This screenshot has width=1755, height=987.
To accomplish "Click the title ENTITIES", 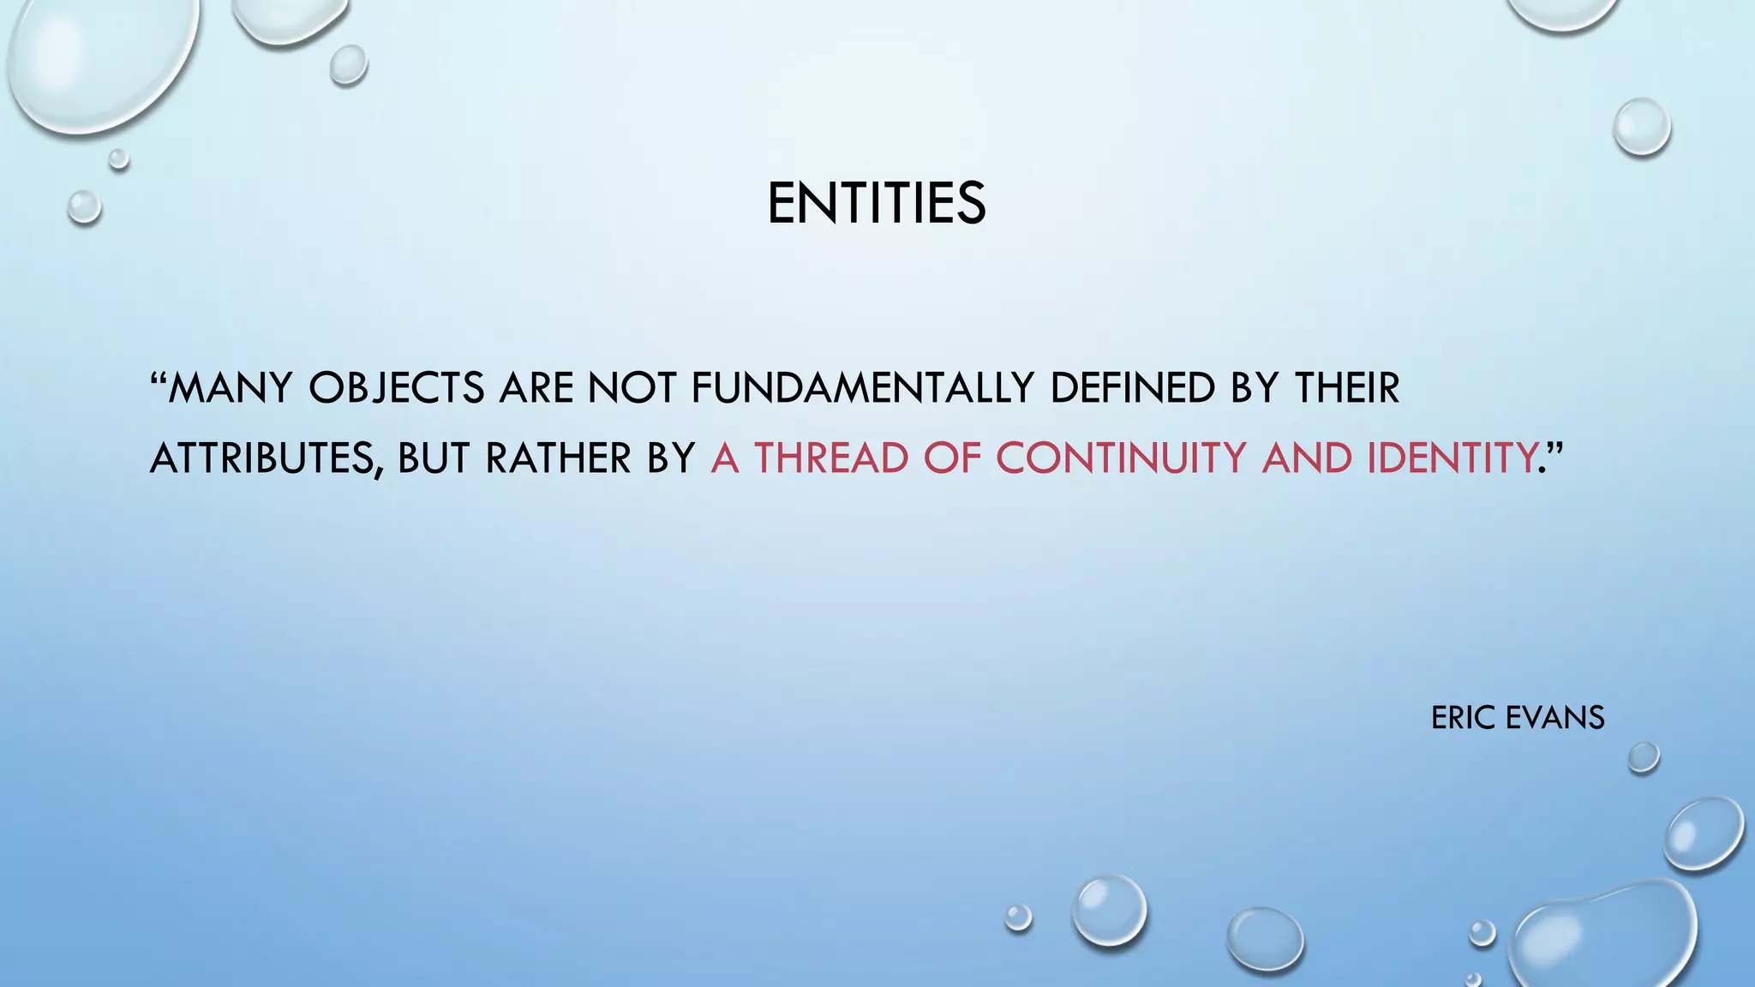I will tap(876, 204).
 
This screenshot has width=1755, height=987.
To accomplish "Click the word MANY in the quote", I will tap(230, 388).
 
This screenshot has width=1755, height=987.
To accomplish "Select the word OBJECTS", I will tap(397, 388).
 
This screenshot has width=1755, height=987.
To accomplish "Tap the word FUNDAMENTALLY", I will tap(862, 388).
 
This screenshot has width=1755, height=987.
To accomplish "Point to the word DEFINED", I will tap(1132, 388).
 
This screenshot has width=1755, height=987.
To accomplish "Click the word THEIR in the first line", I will tap(1346, 388).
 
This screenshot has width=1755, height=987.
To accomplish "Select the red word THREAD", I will tap(830, 458).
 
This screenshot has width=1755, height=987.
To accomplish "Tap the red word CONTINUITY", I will tap(1120, 458).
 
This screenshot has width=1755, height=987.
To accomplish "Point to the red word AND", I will tap(1306, 458).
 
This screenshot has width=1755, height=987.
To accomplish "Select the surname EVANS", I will tap(1554, 718).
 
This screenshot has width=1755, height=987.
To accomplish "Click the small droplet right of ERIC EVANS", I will tap(1643, 757).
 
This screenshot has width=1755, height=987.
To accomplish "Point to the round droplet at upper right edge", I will tap(1641, 127).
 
